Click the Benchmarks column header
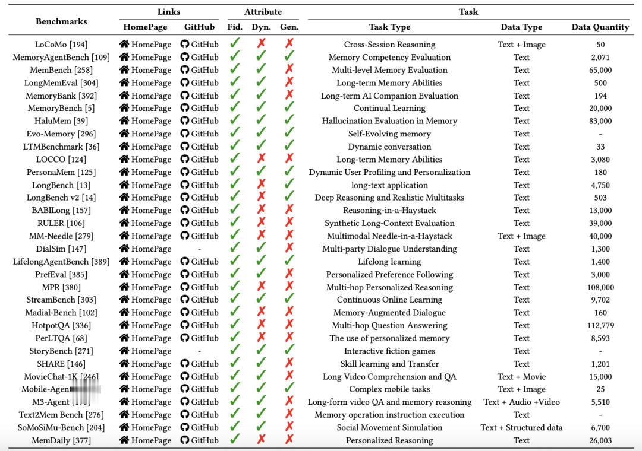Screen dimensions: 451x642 coord(61,21)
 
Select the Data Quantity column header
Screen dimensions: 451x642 coord(600,27)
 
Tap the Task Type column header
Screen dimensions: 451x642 coord(389,27)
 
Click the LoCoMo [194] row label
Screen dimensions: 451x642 coord(61,45)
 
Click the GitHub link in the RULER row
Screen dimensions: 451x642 coord(199,223)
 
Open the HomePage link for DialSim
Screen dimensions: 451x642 coord(145,249)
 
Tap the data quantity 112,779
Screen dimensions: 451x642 coord(600,325)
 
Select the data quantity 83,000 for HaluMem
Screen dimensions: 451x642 coord(600,121)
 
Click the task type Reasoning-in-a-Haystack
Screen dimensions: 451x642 coord(389,210)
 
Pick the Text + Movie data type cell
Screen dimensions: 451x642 coord(521,376)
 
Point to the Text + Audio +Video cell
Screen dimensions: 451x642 coord(521,402)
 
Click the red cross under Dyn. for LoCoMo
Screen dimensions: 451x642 coord(261,44)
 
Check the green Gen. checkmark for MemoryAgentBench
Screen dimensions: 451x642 coord(289,57)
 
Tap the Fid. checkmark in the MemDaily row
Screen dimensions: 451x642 coord(235,440)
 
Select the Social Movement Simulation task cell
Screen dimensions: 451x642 coord(389,427)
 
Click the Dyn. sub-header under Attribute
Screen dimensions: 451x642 coord(261,27)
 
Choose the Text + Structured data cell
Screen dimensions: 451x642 coord(521,427)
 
